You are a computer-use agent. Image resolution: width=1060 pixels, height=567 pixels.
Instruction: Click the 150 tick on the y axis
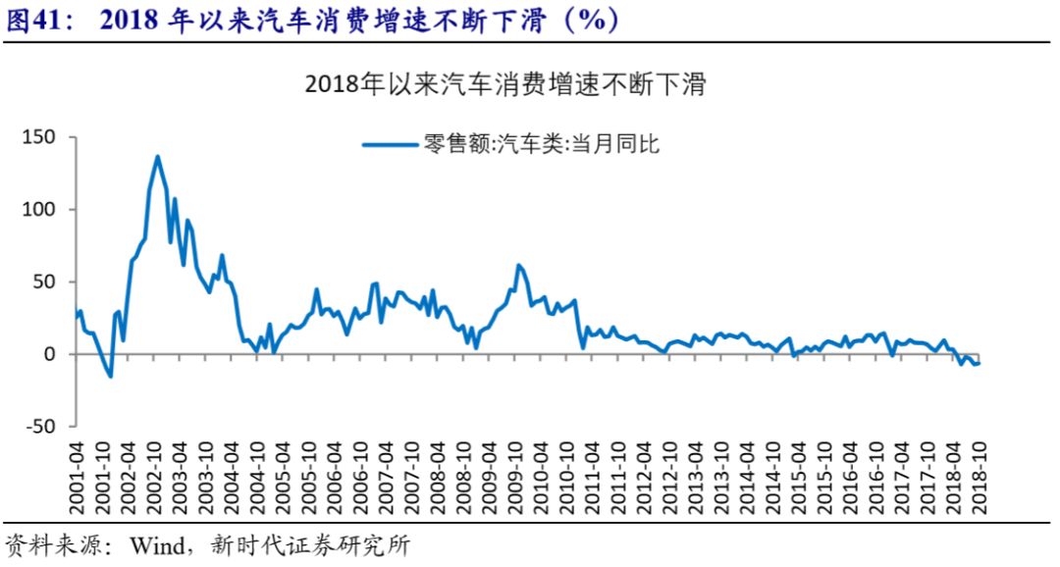coord(41,137)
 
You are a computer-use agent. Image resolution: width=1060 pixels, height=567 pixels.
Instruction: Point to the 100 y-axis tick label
coord(41,210)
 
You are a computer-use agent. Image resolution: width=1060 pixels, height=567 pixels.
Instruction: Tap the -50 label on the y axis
coord(41,427)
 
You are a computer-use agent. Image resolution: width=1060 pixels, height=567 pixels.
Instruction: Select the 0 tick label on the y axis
coord(55,354)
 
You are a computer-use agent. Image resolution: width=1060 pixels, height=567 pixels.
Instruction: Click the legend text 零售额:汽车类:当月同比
coord(541,145)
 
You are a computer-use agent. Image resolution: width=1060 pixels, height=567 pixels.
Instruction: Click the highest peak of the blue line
coord(157,156)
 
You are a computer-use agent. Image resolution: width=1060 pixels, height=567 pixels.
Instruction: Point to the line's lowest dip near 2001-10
coord(110,376)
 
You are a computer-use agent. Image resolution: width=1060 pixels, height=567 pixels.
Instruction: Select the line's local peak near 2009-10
coord(518,265)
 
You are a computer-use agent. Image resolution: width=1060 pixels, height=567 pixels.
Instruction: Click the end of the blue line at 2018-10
coord(978,364)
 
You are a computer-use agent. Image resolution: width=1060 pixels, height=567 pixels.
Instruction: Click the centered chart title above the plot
coord(506,84)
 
